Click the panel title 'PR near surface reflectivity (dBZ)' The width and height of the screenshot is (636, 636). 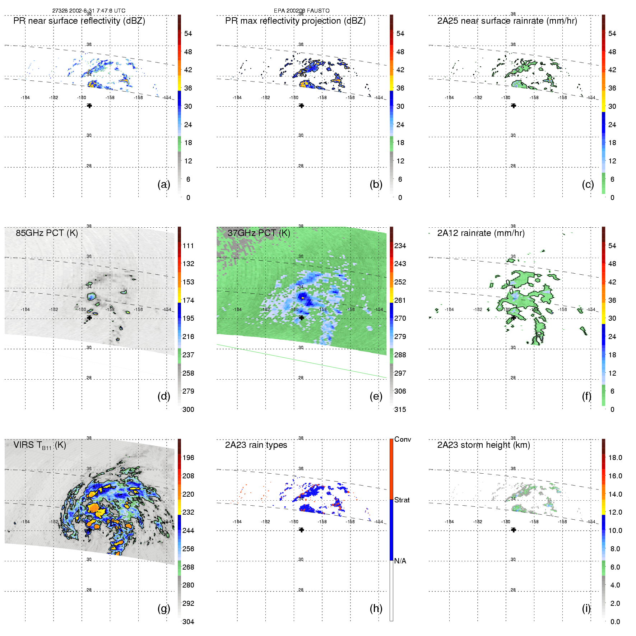click(x=79, y=21)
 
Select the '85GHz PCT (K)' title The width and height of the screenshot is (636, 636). click(x=47, y=233)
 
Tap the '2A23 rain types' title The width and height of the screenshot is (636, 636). click(x=256, y=445)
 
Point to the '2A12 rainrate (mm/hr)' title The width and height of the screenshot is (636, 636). click(x=481, y=233)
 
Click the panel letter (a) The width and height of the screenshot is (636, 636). click(x=163, y=185)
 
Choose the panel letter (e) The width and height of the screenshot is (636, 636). click(x=376, y=396)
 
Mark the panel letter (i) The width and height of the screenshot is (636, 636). click(x=586, y=608)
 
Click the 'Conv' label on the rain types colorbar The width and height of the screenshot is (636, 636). click(x=403, y=439)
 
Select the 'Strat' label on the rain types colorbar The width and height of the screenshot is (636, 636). click(x=402, y=500)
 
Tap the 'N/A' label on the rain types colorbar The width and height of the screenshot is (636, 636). click(x=400, y=561)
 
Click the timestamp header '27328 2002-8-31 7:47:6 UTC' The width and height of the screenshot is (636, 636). click(x=89, y=11)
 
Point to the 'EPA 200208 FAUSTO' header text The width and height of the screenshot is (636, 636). click(x=302, y=11)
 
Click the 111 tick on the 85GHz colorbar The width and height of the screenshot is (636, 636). click(x=188, y=246)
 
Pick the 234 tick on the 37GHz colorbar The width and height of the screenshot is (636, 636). click(x=400, y=246)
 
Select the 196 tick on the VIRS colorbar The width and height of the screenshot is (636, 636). click(x=188, y=458)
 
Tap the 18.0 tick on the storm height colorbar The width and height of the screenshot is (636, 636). click(x=615, y=458)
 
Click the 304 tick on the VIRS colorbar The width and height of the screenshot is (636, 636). click(x=188, y=622)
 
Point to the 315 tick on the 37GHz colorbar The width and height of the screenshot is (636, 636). click(x=400, y=409)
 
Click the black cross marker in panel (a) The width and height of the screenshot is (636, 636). click(x=89, y=106)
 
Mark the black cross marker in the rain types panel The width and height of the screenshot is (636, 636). click(x=302, y=530)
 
